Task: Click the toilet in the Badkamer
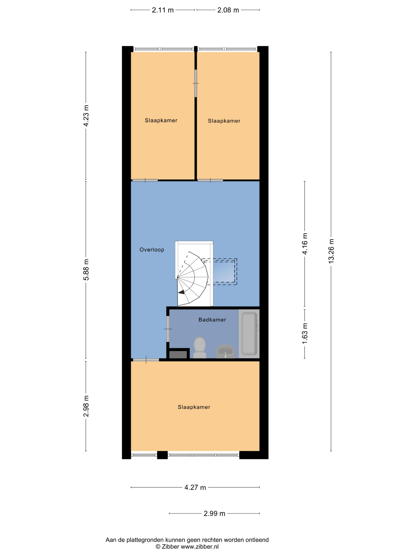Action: pos(200,347)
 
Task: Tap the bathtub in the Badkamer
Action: pos(249,334)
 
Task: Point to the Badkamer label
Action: pos(212,320)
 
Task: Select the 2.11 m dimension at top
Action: pos(163,10)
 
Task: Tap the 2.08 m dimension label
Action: pos(228,10)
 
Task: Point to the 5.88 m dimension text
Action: pos(86,269)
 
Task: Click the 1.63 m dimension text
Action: pos(305,334)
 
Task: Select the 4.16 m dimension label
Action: pos(305,244)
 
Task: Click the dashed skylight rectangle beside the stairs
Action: pos(219,272)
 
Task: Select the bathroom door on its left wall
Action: pos(168,329)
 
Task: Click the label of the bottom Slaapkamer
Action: pos(194,407)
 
